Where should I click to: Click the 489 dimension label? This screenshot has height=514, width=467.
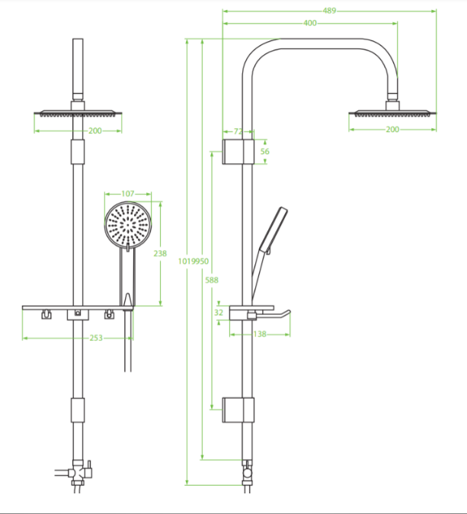pos(329,11)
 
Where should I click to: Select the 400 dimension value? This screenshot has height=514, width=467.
pos(310,23)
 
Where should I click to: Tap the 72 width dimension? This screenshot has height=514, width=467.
pos(238,131)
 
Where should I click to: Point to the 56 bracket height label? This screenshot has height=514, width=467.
pos(264,152)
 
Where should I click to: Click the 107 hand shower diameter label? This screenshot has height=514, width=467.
pos(128,194)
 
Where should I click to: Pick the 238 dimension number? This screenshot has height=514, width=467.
pos(160,253)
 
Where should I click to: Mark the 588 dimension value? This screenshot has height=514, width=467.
pos(212,280)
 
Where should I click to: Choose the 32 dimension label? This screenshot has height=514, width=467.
pos(219,313)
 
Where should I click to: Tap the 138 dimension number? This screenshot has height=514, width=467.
pos(260,334)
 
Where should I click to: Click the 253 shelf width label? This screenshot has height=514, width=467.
pos(96,338)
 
